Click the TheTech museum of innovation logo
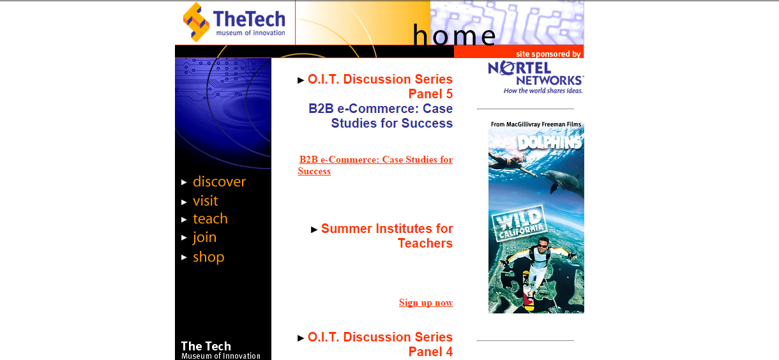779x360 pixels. click(x=234, y=22)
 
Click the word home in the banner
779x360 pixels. click(x=454, y=35)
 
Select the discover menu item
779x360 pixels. click(x=219, y=182)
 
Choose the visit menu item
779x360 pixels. click(x=205, y=201)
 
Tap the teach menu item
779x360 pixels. click(x=210, y=219)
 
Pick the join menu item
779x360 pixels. click(x=204, y=237)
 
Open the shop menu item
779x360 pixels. click(x=208, y=257)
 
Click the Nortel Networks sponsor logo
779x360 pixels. click(x=536, y=77)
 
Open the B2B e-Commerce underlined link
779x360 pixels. click(x=375, y=165)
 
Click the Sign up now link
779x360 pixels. click(x=426, y=303)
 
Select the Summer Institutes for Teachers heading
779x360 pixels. click(x=387, y=236)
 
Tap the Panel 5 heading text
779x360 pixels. click(x=430, y=94)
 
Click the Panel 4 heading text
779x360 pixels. click(x=430, y=352)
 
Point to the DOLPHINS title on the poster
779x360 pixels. click(x=549, y=142)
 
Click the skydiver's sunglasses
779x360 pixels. click(x=543, y=246)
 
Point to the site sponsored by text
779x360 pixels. click(x=548, y=54)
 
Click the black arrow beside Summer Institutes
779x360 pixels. click(x=314, y=229)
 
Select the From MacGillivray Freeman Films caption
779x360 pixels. click(x=536, y=124)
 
